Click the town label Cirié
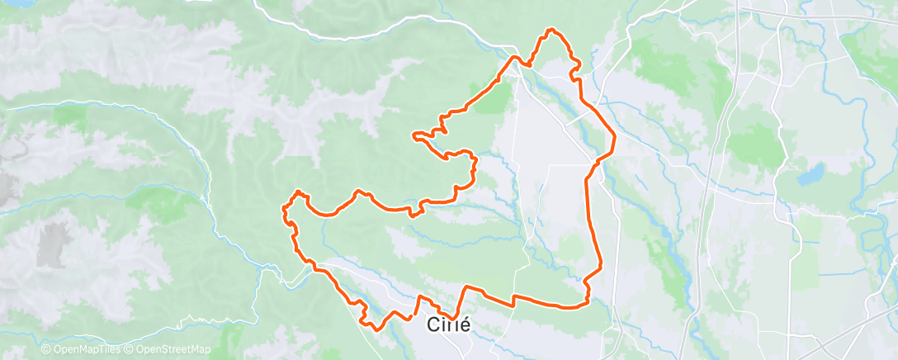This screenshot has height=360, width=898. [x=449, y=324]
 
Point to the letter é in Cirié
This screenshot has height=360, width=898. [x=464, y=324]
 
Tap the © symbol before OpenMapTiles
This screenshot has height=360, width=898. [x=46, y=350]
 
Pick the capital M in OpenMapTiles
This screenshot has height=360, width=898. [x=90, y=350]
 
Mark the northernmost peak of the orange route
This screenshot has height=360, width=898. [x=551, y=31]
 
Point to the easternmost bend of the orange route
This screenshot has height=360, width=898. [x=615, y=138]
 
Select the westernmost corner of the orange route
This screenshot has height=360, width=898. [x=285, y=206]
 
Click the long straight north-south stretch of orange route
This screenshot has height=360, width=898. [x=588, y=223]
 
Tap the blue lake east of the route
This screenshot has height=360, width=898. [x=811, y=175]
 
